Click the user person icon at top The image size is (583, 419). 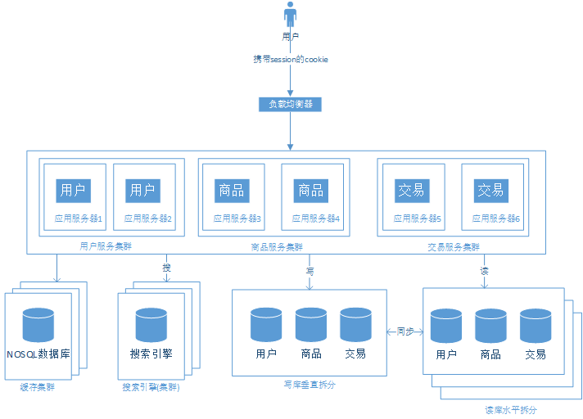[290, 16]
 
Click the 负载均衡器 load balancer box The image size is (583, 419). [290, 104]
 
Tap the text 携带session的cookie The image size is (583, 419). [290, 61]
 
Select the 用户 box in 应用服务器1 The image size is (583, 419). [72, 191]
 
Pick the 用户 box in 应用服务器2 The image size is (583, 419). [142, 191]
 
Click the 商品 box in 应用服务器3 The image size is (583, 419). [232, 191]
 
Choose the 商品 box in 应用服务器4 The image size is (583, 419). [310, 191]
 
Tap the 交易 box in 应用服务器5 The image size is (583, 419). [412, 191]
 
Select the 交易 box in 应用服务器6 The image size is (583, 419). [490, 191]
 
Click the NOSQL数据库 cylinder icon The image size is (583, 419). [38, 325]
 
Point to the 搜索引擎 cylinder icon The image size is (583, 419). [151, 325]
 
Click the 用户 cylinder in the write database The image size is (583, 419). [266, 325]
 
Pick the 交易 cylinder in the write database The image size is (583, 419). [355, 325]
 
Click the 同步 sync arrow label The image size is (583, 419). [404, 331]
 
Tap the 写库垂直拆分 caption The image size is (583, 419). [309, 384]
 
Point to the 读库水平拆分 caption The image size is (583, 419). [510, 409]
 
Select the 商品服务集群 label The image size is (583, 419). [276, 246]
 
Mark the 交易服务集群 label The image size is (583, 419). [454, 246]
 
